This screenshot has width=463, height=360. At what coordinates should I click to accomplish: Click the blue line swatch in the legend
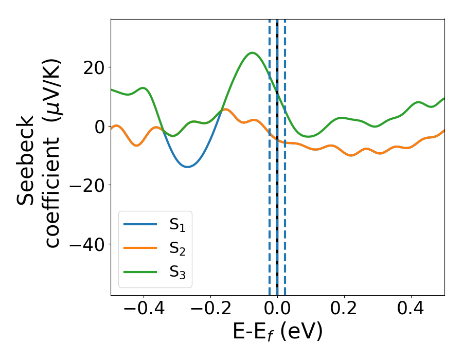[x=140, y=224]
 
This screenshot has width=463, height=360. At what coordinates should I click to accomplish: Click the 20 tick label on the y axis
[x=94, y=67]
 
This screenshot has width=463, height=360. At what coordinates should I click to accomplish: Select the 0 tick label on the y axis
[x=99, y=127]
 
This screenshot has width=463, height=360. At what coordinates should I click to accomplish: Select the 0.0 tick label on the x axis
[x=277, y=309]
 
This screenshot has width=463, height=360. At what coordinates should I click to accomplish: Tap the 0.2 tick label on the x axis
[x=344, y=309]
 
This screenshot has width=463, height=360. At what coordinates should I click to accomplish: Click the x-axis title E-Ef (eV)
[x=277, y=332]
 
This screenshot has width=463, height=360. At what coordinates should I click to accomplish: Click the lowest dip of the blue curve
[x=187, y=167]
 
